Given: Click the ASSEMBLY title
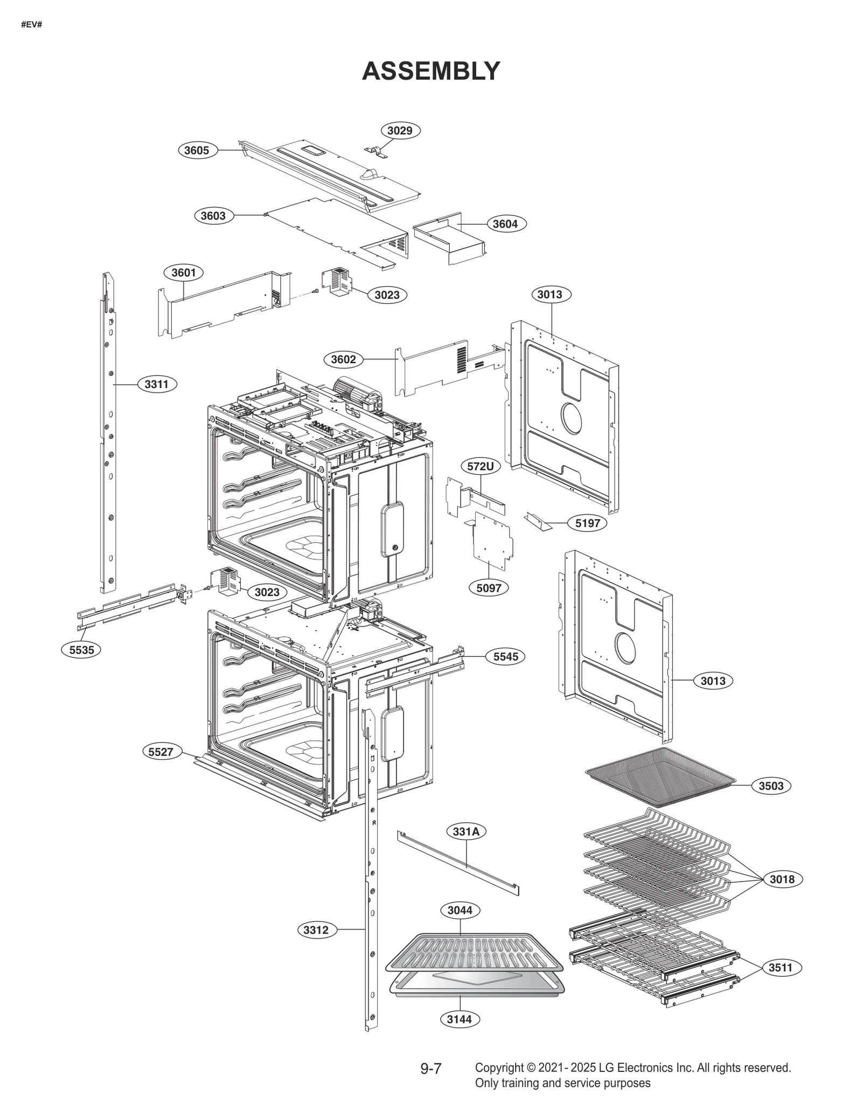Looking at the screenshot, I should pyautogui.click(x=430, y=71).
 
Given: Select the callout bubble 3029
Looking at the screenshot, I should pyautogui.click(x=400, y=130).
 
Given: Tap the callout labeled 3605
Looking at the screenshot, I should pyautogui.click(x=197, y=150).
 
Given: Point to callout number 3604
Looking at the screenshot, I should pyautogui.click(x=505, y=224).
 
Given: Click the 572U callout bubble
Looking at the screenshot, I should pyautogui.click(x=480, y=466).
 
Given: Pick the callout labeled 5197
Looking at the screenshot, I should pyautogui.click(x=587, y=523).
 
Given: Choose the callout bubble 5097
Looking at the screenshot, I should pyautogui.click(x=489, y=588).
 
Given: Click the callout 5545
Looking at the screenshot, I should pyautogui.click(x=505, y=656).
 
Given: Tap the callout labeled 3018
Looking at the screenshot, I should pyautogui.click(x=782, y=879).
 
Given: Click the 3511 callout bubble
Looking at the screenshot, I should pyautogui.click(x=781, y=967).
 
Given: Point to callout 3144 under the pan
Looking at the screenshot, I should pyautogui.click(x=459, y=1019).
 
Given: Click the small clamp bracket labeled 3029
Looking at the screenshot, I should pyautogui.click(x=377, y=152).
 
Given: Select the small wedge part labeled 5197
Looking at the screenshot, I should pyautogui.click(x=537, y=521).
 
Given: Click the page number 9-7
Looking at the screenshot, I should pyautogui.click(x=430, y=1069).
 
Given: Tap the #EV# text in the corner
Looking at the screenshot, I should pyautogui.click(x=31, y=25).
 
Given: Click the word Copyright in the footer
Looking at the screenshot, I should pyautogui.click(x=499, y=1068).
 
